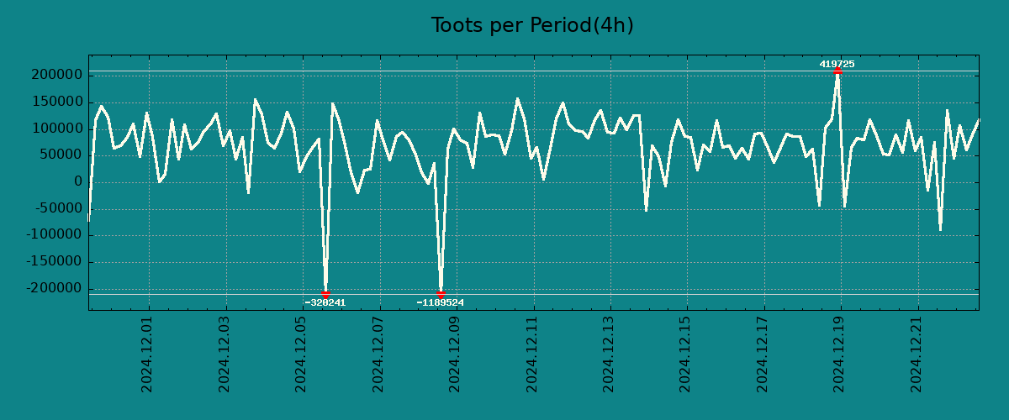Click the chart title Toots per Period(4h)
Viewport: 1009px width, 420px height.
pos(532,25)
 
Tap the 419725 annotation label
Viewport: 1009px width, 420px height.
pos(837,64)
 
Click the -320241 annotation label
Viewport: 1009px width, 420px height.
pos(325,302)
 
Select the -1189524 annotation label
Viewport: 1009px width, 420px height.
pos(441,302)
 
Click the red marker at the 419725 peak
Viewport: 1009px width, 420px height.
pos(837,71)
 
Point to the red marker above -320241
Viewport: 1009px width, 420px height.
pos(325,294)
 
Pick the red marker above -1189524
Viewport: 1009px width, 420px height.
pos(441,294)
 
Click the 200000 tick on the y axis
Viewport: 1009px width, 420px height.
pos(55,76)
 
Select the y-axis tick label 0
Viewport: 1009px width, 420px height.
pos(77,182)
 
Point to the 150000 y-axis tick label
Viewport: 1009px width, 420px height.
pos(55,102)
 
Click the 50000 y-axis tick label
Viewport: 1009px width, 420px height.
pos(59,155)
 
